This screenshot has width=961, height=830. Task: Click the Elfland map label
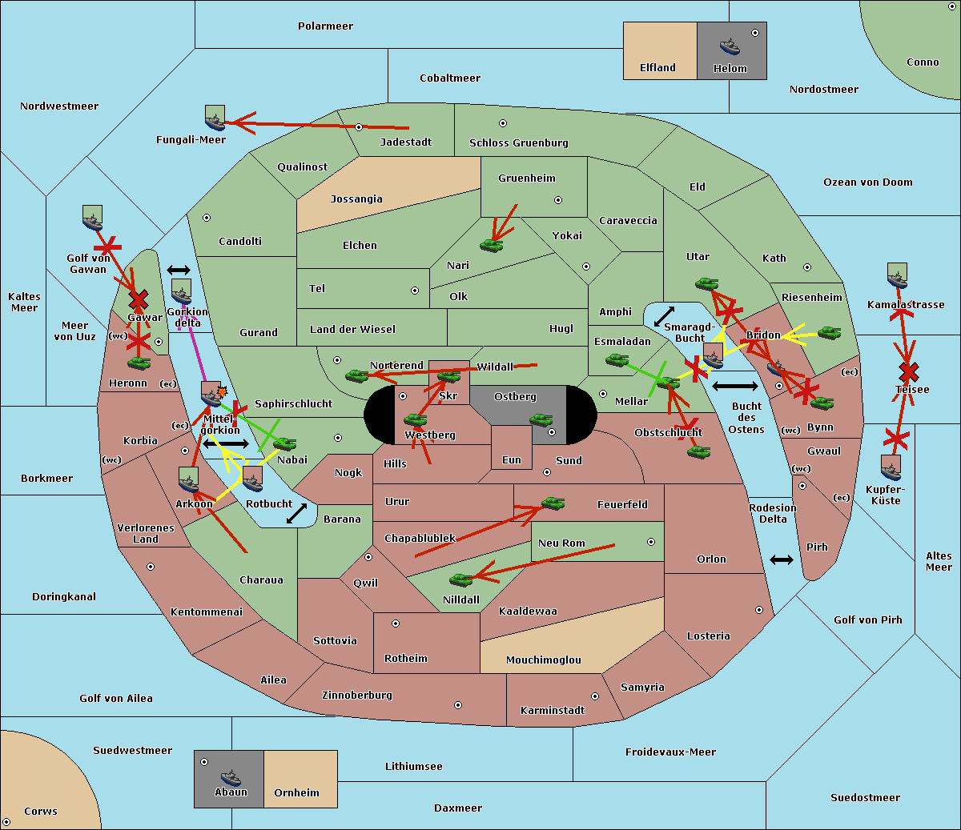pos(657,68)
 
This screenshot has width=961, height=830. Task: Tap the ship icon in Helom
pos(730,46)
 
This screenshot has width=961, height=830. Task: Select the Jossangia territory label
pos(356,198)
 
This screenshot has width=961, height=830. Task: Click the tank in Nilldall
pos(461,579)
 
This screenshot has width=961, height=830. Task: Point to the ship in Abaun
pos(231,777)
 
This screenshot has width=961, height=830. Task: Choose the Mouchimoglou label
pos(544,660)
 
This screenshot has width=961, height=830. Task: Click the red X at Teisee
pos(908,372)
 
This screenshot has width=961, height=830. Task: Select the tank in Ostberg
pos(541,419)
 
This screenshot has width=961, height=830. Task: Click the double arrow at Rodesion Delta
pos(782,559)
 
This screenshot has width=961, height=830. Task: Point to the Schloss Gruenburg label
pos(518,143)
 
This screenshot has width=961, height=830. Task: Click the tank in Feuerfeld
pos(553,503)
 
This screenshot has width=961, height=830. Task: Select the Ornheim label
pos(296,793)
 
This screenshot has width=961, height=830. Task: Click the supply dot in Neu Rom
pos(651,542)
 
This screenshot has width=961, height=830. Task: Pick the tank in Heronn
pos(139,363)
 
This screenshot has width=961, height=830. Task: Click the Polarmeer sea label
pos(325,26)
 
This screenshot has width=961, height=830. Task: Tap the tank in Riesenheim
pos(829,332)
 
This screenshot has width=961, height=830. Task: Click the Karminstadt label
pos(553,711)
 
